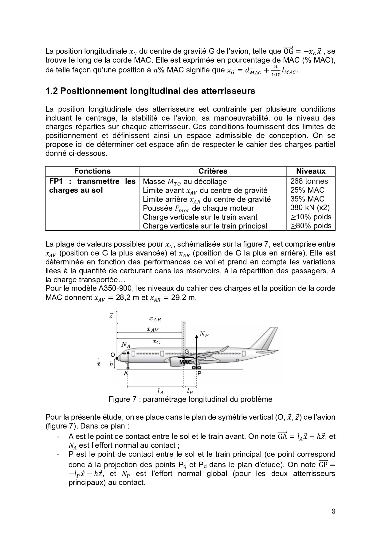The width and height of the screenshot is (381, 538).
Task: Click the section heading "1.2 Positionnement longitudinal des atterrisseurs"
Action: pyautogui.click(x=150, y=91)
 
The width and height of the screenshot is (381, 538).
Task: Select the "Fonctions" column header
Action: pyautogui.click(x=92, y=171)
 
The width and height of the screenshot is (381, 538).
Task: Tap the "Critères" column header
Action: pyautogui.click(x=213, y=171)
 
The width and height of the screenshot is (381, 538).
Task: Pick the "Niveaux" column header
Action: pyautogui.click(x=311, y=171)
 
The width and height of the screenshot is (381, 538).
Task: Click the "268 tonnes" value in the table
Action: pyautogui.click(x=309, y=181)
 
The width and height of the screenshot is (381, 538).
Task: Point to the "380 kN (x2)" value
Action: pyautogui.click(x=310, y=208)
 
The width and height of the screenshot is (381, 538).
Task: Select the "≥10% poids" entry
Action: pyautogui.click(x=311, y=217)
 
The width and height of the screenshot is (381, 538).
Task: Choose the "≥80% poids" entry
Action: pyautogui.click(x=311, y=226)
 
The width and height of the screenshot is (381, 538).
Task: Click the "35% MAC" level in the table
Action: pyautogui.click(x=307, y=199)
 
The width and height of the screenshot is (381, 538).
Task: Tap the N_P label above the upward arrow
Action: pyautogui.click(x=204, y=334)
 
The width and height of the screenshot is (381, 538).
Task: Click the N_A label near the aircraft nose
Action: pyautogui.click(x=125, y=345)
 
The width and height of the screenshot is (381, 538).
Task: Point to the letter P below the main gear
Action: pyautogui.click(x=199, y=374)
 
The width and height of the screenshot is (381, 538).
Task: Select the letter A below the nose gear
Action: pyautogui.click(x=125, y=374)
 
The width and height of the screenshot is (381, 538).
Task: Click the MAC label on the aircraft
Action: pyautogui.click(x=185, y=362)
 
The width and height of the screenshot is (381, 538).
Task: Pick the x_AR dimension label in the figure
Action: pyautogui.click(x=155, y=319)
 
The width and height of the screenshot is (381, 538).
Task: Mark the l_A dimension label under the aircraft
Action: pyautogui.click(x=160, y=391)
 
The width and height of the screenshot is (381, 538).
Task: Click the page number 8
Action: pyautogui.click(x=333, y=511)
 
